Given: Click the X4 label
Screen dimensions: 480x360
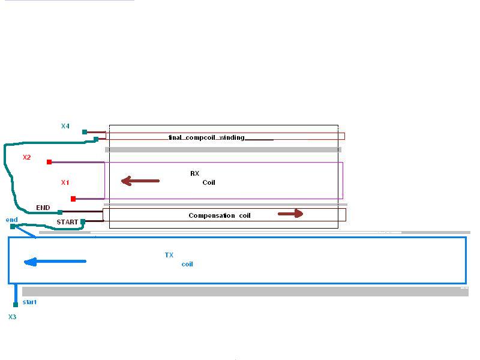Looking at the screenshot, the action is tap(65, 126).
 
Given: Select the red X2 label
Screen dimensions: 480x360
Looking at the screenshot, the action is tap(26, 157).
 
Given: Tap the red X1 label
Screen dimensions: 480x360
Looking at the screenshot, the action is tap(65, 182).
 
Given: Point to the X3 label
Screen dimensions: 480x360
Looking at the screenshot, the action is tap(12, 317).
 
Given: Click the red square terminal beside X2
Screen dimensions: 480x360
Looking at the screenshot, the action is tap(49, 161).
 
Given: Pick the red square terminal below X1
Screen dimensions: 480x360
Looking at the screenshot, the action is tap(73, 199).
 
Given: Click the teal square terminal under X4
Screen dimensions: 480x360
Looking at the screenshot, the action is tap(85, 132).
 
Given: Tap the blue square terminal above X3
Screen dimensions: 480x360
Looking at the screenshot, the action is tap(16, 305).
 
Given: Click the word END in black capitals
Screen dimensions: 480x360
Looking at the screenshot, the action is tap(43, 208).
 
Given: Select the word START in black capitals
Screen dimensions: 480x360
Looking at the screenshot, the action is tap(67, 222).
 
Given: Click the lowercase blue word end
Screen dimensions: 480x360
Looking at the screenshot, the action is tap(11, 220).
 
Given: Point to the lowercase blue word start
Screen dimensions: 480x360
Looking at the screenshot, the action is tap(29, 302).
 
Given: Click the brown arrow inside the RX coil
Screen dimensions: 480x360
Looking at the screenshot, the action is tap(140, 181).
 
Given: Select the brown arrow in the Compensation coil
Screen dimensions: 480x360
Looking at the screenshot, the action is tap(290, 214).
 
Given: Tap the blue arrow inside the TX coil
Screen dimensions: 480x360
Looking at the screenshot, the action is tap(55, 262).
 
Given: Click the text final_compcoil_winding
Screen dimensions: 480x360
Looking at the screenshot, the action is tap(206, 137).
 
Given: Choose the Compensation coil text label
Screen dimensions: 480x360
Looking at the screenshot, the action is tap(220, 215).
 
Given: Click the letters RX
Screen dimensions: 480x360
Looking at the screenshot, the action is tap(194, 173).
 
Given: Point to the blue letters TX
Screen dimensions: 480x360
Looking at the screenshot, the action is tap(169, 255).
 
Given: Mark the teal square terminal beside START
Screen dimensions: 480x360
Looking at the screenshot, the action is tap(83, 221).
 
